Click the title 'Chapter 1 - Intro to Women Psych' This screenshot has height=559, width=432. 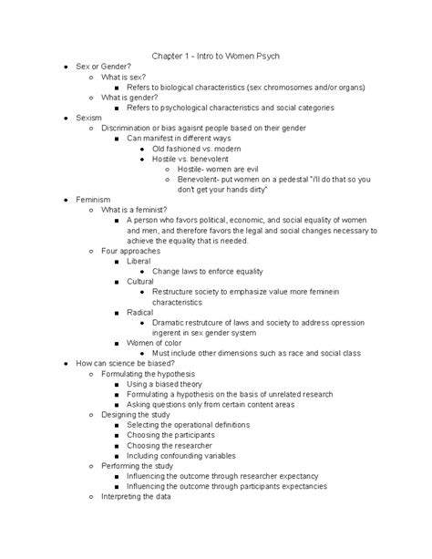pyautogui.click(x=215, y=57)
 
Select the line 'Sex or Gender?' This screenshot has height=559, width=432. pyautogui.click(x=103, y=68)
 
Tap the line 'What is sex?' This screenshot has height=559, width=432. pyautogui.click(x=126, y=80)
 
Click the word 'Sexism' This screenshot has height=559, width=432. pyautogui.click(x=89, y=118)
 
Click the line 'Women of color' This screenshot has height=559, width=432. pyautogui.click(x=156, y=342)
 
